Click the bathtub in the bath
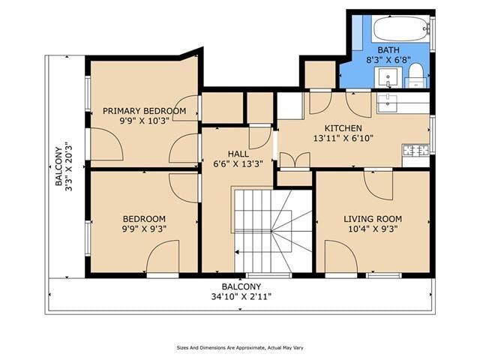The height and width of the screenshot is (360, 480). (x=400, y=28)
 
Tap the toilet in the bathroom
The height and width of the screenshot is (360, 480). (x=415, y=76)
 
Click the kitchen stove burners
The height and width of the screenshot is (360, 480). (x=416, y=150)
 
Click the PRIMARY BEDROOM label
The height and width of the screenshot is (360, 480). (x=144, y=111)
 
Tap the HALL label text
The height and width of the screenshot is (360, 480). (x=238, y=154)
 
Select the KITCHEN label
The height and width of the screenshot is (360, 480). (x=343, y=128)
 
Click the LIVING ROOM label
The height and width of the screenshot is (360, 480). (x=373, y=219)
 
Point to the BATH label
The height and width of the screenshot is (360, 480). (x=388, y=49)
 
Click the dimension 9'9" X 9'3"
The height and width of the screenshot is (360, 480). (x=144, y=229)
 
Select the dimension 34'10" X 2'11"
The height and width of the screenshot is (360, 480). (x=241, y=296)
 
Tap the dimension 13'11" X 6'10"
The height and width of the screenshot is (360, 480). (x=343, y=138)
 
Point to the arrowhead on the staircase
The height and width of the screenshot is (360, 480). (x=237, y=252)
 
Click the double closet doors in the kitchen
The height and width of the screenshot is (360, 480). (x=295, y=160)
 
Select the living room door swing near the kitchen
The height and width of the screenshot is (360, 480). (x=378, y=185)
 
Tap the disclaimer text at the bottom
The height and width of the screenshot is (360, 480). (x=240, y=348)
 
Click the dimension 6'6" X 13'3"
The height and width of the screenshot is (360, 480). (x=238, y=164)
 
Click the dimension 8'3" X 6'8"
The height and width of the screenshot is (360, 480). (x=388, y=59)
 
